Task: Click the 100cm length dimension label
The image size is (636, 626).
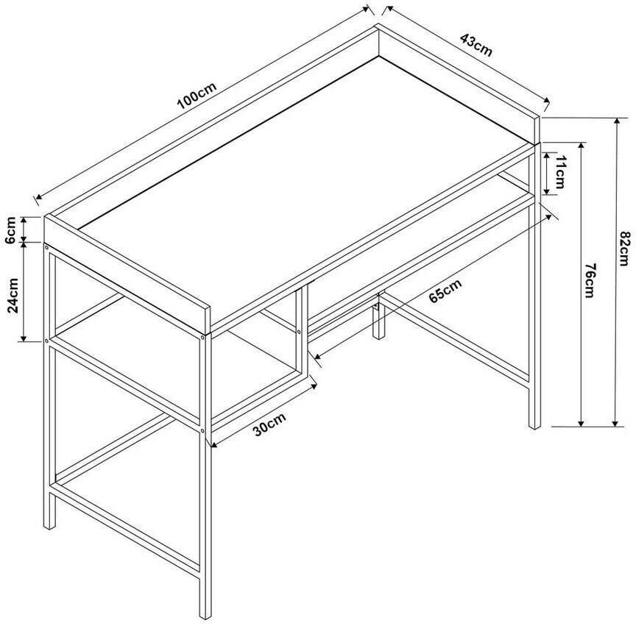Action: click(x=197, y=97)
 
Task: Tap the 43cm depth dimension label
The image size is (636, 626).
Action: click(x=476, y=45)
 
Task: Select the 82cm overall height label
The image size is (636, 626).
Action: click(x=626, y=248)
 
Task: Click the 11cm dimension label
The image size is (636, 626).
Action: click(x=559, y=172)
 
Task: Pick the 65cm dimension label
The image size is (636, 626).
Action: click(x=445, y=291)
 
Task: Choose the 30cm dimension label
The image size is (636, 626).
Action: click(x=269, y=424)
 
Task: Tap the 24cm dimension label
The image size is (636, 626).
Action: click(x=13, y=295)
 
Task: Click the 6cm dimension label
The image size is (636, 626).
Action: click(x=10, y=230)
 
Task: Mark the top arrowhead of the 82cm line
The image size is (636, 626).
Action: click(x=617, y=121)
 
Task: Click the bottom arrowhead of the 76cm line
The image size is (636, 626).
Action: click(x=581, y=423)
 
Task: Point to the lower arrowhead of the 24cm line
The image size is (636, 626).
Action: click(x=24, y=338)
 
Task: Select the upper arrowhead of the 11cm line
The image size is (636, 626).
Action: click(x=547, y=156)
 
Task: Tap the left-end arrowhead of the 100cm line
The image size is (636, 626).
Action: click(x=38, y=196)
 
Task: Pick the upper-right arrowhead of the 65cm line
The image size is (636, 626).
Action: click(x=548, y=217)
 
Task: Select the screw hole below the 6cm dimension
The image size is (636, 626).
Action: click(x=46, y=247)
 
